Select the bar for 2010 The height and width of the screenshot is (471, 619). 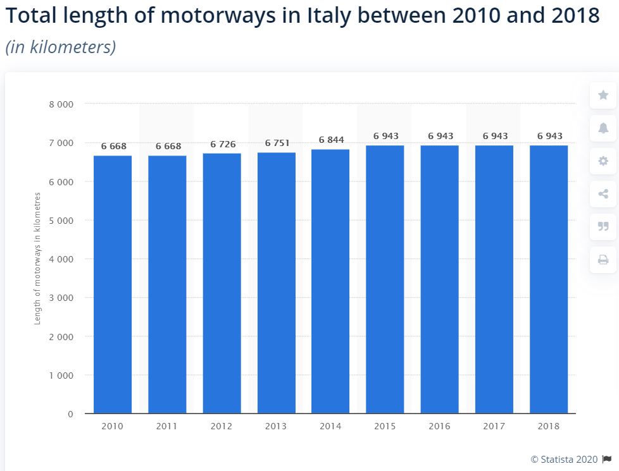(x=113, y=284)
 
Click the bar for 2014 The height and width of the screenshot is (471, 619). (x=330, y=281)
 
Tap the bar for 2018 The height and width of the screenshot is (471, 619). (x=549, y=279)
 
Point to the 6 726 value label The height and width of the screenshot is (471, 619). (x=223, y=144)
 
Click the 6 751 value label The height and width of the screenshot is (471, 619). (x=277, y=143)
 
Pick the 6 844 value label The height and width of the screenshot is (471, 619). (x=332, y=140)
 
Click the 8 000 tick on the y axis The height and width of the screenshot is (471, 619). (x=61, y=104)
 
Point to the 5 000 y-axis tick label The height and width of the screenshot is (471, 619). (x=61, y=221)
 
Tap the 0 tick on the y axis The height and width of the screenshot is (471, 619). (x=71, y=414)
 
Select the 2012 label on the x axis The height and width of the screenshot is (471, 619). (x=222, y=426)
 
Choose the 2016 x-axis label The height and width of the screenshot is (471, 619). (x=439, y=426)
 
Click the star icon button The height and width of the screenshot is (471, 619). (x=603, y=95)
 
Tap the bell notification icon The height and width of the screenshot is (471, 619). (x=603, y=128)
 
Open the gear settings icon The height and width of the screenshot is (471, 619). (x=603, y=161)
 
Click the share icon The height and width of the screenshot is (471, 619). (x=603, y=193)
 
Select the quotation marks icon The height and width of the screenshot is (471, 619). (x=603, y=226)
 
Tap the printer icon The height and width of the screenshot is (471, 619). (x=603, y=260)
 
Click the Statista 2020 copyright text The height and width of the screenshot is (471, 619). (x=565, y=460)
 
